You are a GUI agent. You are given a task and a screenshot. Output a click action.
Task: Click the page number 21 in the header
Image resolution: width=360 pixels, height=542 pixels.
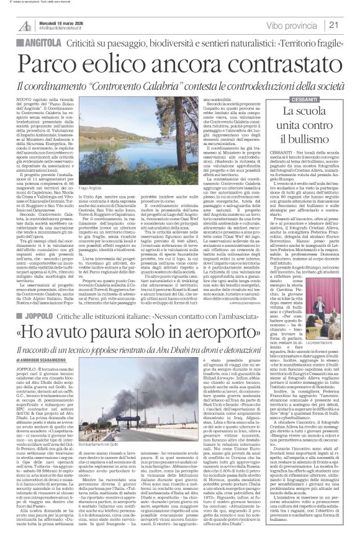[x=350, y=25]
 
